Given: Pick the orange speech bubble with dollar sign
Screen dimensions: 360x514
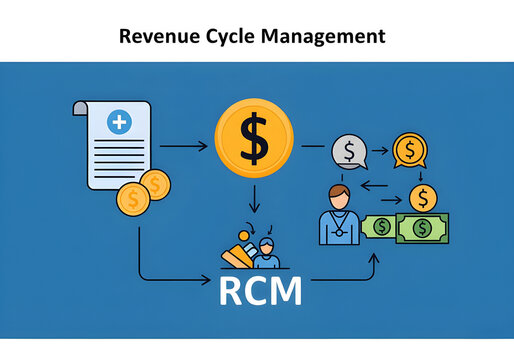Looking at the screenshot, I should [408, 150].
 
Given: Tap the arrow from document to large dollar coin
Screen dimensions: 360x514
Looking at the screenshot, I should [184, 147].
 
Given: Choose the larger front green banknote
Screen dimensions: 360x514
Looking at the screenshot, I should [421, 229].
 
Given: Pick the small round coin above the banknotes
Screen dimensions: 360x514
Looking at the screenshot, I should [423, 196].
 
